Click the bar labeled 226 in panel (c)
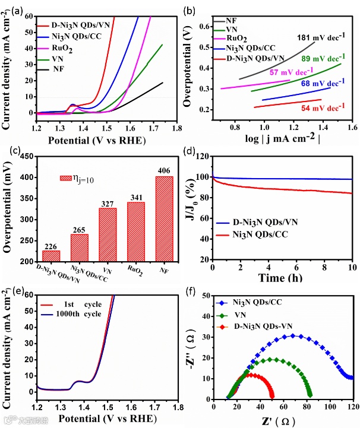51,256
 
